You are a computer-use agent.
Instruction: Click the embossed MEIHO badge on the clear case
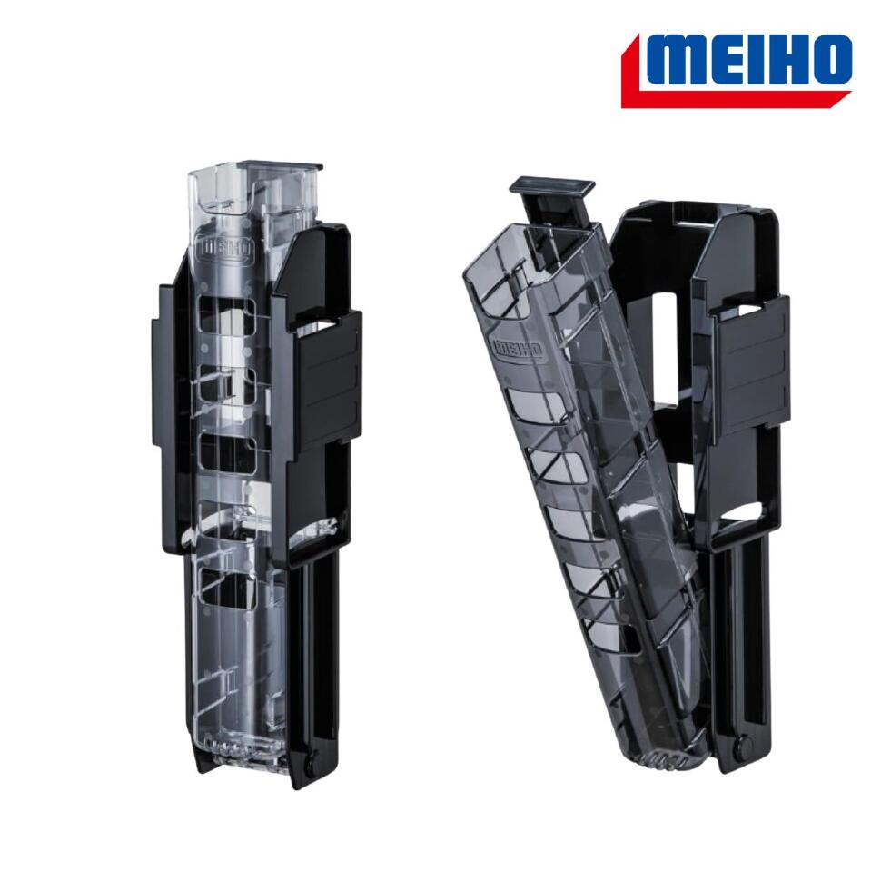tap(224, 251)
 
